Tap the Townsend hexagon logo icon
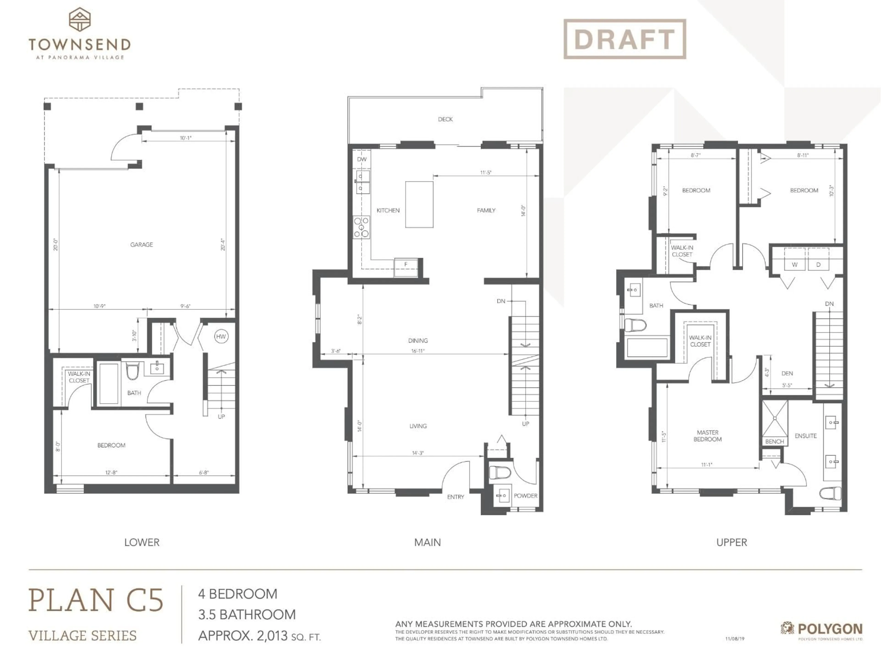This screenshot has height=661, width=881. click(80, 19)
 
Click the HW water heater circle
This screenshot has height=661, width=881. click(221, 336)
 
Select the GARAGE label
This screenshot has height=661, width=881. click(141, 245)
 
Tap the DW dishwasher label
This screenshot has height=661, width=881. click(362, 159)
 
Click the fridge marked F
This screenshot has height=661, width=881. click(406, 265)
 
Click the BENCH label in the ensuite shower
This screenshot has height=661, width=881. click(774, 441)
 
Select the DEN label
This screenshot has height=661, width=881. click(787, 373)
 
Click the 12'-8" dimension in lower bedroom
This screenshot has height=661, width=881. click(111, 473)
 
